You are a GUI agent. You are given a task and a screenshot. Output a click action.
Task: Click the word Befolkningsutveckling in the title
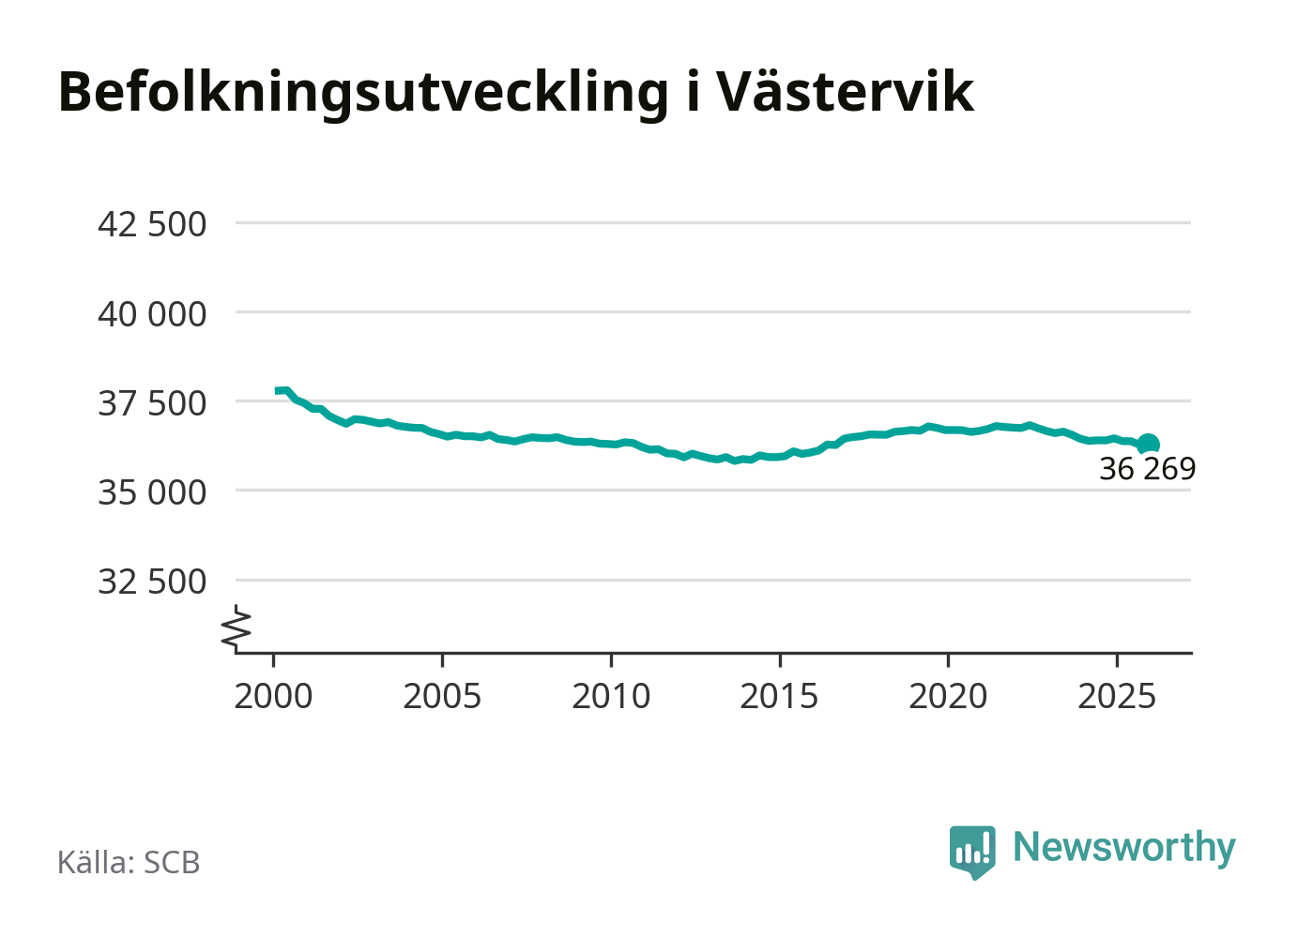(363, 92)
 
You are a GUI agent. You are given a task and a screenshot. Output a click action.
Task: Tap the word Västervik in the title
(845, 92)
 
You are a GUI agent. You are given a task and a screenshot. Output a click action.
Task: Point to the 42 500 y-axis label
(152, 225)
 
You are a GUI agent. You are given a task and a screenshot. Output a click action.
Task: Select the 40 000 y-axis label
(152, 314)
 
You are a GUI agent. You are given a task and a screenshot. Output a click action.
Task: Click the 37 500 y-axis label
(152, 403)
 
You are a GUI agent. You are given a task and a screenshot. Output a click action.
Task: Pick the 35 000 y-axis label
(152, 492)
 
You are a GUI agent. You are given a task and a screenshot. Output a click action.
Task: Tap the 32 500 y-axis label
(152, 582)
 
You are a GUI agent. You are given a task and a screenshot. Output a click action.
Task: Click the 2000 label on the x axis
(273, 697)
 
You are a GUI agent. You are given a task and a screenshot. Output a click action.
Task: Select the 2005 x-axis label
(442, 697)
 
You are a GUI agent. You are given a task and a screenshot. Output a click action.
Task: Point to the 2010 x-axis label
(611, 697)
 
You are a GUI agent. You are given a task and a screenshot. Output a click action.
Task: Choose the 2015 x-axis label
(779, 697)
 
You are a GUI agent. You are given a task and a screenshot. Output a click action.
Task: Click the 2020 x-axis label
(948, 697)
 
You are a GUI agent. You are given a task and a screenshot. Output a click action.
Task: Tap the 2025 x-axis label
(1117, 697)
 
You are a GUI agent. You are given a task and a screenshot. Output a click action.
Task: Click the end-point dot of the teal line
(1148, 444)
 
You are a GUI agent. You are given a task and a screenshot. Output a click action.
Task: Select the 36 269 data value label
(1147, 469)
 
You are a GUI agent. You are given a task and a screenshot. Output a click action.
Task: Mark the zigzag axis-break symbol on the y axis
(237, 629)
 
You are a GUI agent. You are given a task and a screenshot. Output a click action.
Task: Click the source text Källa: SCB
(129, 862)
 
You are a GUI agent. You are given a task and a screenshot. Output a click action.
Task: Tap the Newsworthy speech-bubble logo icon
(972, 851)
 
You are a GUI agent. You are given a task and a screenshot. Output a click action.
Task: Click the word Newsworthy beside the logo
(1123, 848)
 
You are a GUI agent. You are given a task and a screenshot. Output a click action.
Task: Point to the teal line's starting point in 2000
(277, 390)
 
